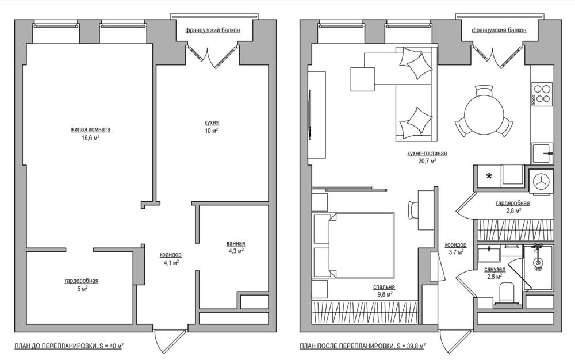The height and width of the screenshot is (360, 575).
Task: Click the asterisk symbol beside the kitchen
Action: click(489, 177)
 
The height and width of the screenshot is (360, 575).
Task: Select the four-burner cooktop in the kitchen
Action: click(542, 94)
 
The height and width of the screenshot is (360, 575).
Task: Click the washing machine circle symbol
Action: click(541, 181)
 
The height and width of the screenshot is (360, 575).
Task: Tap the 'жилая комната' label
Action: click(90, 129)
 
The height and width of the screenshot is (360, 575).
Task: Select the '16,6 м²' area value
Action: click(90, 138)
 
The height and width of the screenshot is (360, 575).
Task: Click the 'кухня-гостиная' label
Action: click(427, 153)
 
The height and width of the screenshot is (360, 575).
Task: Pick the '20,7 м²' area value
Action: click(427, 160)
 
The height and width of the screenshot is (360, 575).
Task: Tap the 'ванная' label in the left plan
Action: click(235, 243)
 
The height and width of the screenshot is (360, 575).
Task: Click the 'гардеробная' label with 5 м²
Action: click(82, 281)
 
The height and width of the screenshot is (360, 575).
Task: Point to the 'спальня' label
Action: click(384, 287)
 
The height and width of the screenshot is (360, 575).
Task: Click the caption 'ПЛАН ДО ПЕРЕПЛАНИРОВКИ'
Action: click(56, 346)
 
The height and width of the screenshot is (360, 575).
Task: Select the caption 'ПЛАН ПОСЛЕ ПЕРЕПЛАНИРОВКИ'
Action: click(346, 346)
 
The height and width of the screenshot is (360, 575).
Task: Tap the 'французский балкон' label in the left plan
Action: click(212, 30)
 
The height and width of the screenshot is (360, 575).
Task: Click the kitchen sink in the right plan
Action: click(542, 153)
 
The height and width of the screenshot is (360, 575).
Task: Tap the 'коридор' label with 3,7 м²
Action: click(455, 244)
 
